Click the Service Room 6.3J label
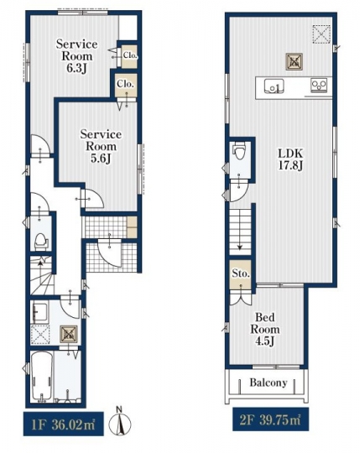tap(76, 56)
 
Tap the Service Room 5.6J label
tap(101, 146)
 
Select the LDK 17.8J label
tap(290, 159)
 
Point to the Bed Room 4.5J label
tap(265, 330)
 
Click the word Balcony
tap(269, 383)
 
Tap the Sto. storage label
tap(241, 273)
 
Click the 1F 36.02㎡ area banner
tap(63, 424)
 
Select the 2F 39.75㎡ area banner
tap(270, 419)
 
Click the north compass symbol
tap(120, 422)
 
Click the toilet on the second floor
tap(239, 150)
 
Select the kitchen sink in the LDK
tap(274, 86)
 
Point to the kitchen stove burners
tap(319, 85)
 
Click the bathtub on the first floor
tap(42, 376)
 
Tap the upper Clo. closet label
tap(130, 55)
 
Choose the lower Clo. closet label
tap(125, 84)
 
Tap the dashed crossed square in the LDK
tap(321, 34)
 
